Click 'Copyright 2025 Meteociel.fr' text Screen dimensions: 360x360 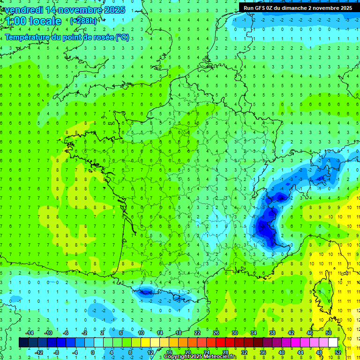tap(200, 357)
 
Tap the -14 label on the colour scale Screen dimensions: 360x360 tap(30, 333)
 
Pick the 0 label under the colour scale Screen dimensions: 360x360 tap(92, 352)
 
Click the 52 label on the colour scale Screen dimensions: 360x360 tap(338, 352)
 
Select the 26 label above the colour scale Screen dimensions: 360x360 tap(216, 333)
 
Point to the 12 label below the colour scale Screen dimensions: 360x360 tap(151, 352)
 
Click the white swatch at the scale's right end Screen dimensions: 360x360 tap(333, 342)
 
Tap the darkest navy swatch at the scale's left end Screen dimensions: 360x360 tap(23, 342)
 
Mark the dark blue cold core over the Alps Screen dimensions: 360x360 tap(265, 225)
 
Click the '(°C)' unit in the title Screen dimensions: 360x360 tap(122, 37)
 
